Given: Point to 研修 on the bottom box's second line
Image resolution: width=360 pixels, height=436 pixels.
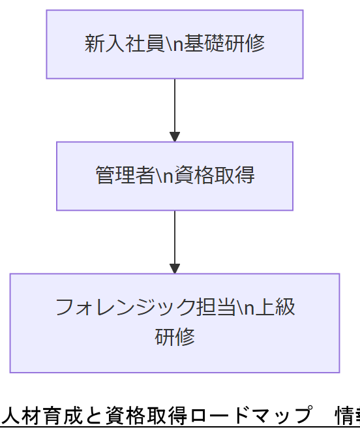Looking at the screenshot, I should point(175,337).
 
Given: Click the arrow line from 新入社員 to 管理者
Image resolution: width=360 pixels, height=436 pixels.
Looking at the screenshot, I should point(175,104).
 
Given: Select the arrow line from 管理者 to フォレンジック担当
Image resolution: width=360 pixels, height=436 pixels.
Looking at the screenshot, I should point(175,236).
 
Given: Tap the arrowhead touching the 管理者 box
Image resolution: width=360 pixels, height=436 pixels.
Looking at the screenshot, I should point(175,137).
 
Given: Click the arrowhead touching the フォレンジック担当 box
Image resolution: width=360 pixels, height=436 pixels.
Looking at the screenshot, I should point(175,268).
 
